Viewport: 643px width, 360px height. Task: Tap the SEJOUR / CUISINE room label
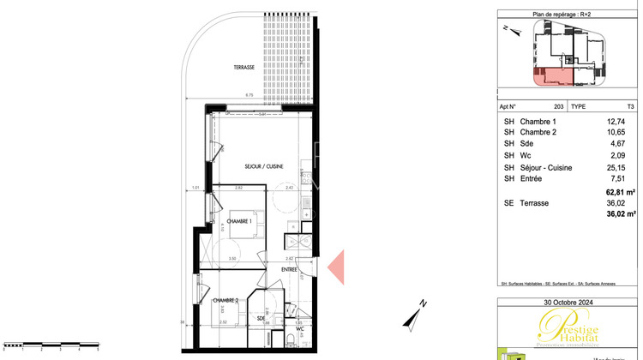[x=264, y=166]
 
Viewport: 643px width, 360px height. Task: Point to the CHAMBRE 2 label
[x=225, y=300]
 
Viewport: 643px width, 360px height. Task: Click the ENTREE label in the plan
[x=289, y=270]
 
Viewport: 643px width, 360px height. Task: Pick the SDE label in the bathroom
[x=260, y=318]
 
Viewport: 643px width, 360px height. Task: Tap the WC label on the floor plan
[x=300, y=327]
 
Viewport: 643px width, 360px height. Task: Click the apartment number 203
[x=559, y=106]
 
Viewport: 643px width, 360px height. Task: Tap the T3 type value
[x=631, y=106]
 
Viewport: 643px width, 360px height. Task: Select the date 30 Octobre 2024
[x=568, y=302]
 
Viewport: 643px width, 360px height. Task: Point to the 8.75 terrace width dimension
[x=249, y=93]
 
